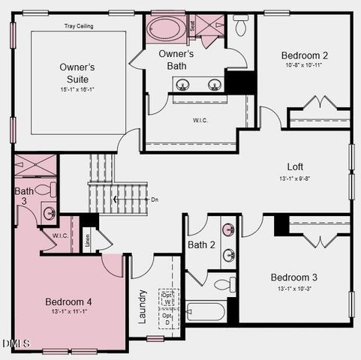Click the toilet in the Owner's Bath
click(x=241, y=25)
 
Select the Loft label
click(x=295, y=166)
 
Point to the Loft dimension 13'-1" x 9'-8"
click(x=295, y=178)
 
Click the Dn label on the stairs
click(x=155, y=199)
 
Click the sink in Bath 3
click(x=49, y=213)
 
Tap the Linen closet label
click(x=87, y=241)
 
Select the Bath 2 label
click(x=201, y=244)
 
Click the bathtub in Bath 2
click(x=206, y=310)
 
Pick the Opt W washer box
click(x=166, y=298)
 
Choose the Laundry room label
click(x=143, y=307)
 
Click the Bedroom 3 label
click(x=294, y=277)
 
